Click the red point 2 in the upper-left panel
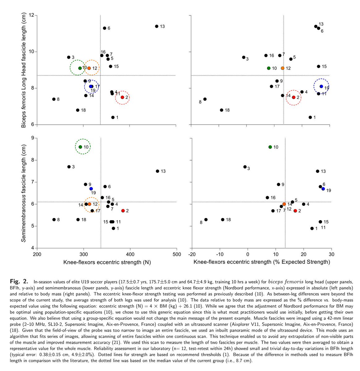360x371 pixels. pyautogui.click(x=122, y=97)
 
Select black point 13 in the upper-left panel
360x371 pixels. pyautogui.click(x=157, y=26)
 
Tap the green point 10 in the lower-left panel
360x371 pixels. pyautogui.click(x=80, y=147)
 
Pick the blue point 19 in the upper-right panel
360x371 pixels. pyautogui.click(x=321, y=87)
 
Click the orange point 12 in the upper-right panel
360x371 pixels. pyautogui.click(x=282, y=68)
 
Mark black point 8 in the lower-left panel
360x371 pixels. pyautogui.click(x=54, y=220)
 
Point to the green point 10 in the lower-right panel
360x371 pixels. pyautogui.click(x=270, y=147)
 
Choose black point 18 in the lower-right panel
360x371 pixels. pyautogui.click(x=222, y=220)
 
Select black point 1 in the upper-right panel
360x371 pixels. pyautogui.click(x=310, y=117)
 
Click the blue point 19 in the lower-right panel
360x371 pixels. pyautogui.click(x=323, y=189)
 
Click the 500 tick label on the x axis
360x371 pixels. pyautogui.click(x=176, y=254)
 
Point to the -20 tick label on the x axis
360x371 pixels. pyautogui.click(x=192, y=254)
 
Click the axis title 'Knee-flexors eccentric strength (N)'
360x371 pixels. pyautogui.click(x=107, y=262)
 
